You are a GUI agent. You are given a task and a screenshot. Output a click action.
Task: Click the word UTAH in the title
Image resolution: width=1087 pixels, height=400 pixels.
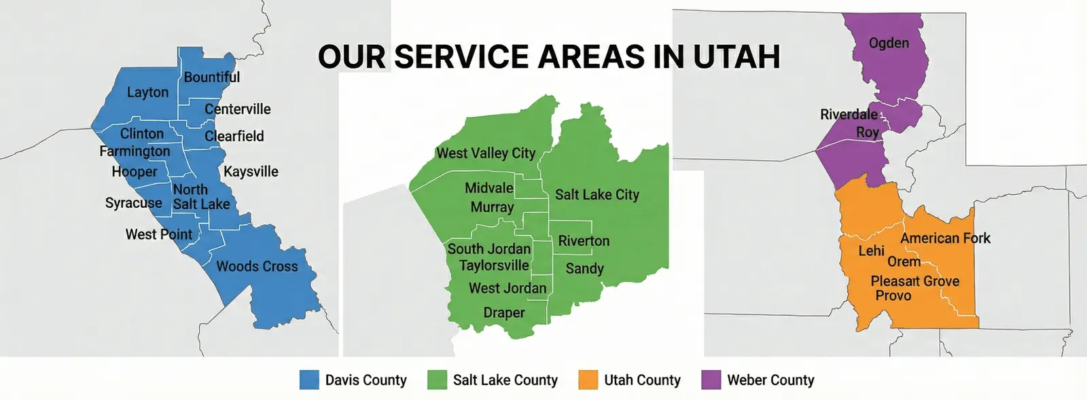(736, 57)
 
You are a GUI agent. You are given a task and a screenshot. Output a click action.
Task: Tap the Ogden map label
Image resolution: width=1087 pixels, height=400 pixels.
(889, 43)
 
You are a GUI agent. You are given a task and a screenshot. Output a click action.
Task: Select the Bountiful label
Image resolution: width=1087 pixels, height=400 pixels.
(211, 77)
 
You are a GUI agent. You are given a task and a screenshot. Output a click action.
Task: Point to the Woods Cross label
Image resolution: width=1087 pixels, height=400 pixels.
(257, 266)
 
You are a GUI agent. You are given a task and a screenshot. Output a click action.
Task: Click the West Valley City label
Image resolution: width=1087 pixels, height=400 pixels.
(486, 153)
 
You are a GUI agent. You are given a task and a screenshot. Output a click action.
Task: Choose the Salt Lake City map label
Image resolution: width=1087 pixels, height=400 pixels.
(597, 195)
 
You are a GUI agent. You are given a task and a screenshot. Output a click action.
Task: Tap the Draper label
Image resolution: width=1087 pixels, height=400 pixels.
(504, 312)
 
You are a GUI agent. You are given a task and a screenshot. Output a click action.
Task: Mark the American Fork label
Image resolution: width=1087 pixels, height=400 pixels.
(945, 238)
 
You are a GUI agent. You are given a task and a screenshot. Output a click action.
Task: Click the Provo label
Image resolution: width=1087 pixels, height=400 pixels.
(893, 295)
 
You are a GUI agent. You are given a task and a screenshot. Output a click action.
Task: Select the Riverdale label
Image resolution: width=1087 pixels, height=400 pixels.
(849, 114)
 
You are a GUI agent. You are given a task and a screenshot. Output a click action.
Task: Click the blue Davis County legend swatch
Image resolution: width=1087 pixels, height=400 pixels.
(309, 380)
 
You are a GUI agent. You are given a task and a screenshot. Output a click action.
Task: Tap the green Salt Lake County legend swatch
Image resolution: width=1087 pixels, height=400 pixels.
(437, 380)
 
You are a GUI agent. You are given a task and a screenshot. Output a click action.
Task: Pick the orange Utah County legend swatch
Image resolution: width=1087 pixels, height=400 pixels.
(588, 380)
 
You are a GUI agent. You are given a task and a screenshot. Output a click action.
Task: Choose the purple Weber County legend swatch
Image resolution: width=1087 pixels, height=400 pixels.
(711, 380)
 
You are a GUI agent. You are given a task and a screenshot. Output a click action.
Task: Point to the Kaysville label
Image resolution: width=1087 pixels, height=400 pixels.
(251, 172)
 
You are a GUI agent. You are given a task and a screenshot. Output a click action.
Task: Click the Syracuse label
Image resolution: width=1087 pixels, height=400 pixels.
(134, 203)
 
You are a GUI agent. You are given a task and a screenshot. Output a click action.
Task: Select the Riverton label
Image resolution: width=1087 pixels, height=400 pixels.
(584, 241)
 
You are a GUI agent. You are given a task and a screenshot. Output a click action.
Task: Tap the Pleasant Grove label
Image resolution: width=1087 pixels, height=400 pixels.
(914, 281)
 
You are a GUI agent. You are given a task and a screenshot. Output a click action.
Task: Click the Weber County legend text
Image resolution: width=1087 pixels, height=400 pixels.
(770, 380)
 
